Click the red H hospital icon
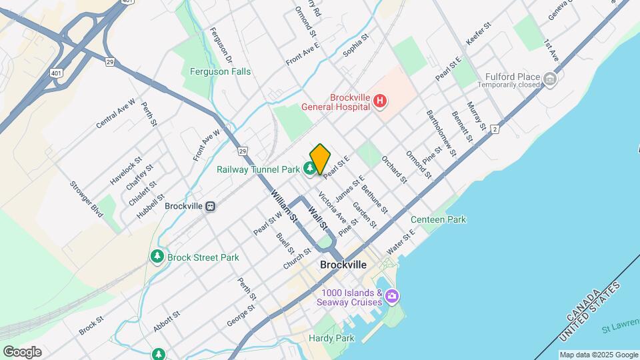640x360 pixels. pyautogui.click(x=380, y=101)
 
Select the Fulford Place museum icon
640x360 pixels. pyautogui.click(x=550, y=79)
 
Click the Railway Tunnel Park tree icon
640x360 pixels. pyautogui.click(x=311, y=169)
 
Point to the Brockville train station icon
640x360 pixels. pyautogui.click(x=211, y=206)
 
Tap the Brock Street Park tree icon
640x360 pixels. pyautogui.click(x=157, y=257)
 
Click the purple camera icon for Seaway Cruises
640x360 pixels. pyautogui.click(x=391, y=295)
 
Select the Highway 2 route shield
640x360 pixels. pyautogui.click(x=495, y=129)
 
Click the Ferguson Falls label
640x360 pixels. pyautogui.click(x=221, y=71)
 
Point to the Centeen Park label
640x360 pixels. pyautogui.click(x=438, y=219)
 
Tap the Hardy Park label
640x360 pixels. pyautogui.click(x=331, y=338)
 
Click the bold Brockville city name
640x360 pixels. pyautogui.click(x=343, y=265)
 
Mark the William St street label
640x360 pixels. pyautogui.click(x=283, y=204)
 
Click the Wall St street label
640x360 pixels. pyautogui.click(x=318, y=219)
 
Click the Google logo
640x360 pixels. pyautogui.click(x=22, y=352)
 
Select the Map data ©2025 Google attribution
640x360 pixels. pyautogui.click(x=597, y=355)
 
